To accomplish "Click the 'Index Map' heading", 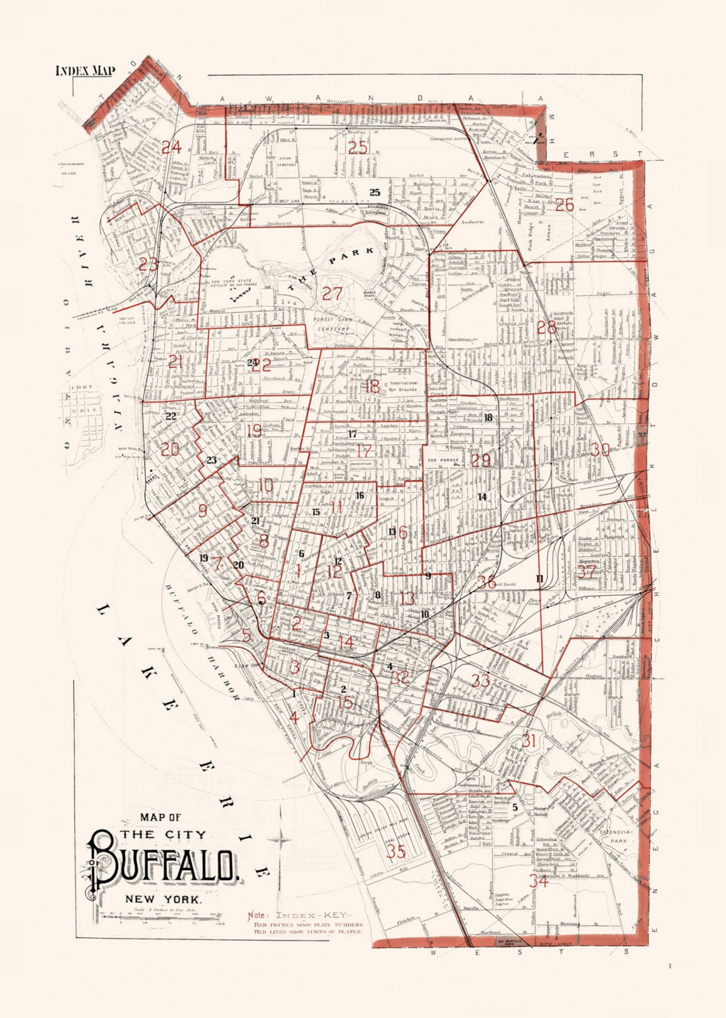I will pyautogui.click(x=85, y=70).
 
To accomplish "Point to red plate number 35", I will pyautogui.click(x=395, y=851).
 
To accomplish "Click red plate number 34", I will pyautogui.click(x=538, y=881).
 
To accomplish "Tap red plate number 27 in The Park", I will pyautogui.click(x=332, y=294).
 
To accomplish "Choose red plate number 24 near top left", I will pyautogui.click(x=171, y=148).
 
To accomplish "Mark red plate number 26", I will pyautogui.click(x=564, y=205).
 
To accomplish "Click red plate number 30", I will pyautogui.click(x=600, y=449).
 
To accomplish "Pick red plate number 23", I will pyautogui.click(x=148, y=264).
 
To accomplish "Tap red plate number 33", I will pyautogui.click(x=480, y=681).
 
